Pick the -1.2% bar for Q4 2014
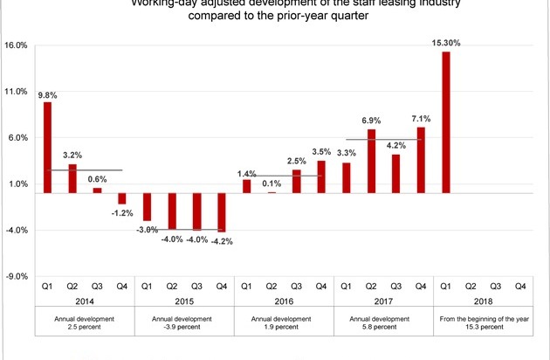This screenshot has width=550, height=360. [122, 198]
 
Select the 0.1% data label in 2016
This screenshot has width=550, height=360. [271, 183]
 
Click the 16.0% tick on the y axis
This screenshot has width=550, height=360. [17, 45]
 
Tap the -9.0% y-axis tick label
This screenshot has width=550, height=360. [17, 277]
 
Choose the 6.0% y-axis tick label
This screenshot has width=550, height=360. [17, 138]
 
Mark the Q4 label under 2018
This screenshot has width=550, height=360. [520, 284]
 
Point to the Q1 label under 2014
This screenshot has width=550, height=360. [47, 284]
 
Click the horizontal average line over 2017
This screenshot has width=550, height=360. [384, 139]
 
